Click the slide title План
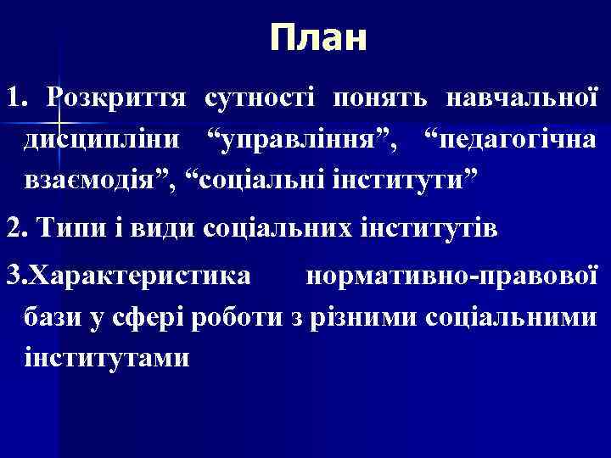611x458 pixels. [318, 38]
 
